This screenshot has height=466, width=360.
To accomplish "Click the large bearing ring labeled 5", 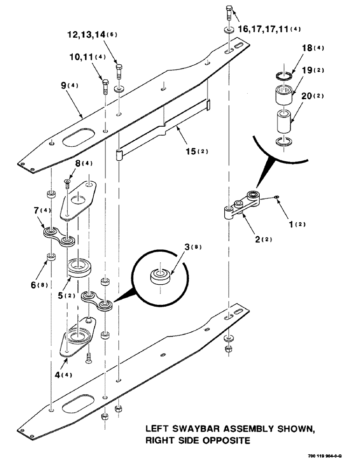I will tap(81, 269).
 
